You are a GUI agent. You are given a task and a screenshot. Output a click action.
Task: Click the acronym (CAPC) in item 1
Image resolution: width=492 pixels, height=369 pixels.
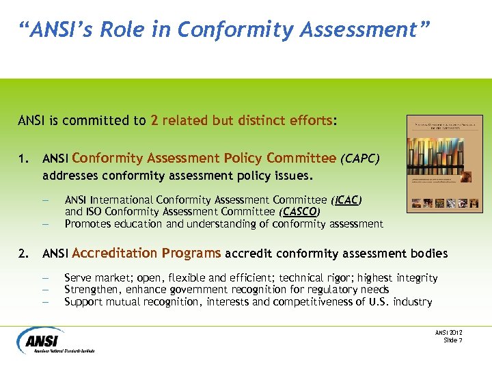[x=359, y=159]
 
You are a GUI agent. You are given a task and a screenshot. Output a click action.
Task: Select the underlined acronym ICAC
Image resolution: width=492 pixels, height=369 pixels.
[x=346, y=200]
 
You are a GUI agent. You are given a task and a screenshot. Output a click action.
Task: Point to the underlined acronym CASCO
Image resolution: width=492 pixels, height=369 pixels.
[x=300, y=211]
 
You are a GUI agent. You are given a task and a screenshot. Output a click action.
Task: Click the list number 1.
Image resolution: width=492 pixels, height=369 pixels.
[x=23, y=159]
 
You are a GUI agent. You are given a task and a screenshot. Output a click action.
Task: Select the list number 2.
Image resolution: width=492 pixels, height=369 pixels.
[x=23, y=254]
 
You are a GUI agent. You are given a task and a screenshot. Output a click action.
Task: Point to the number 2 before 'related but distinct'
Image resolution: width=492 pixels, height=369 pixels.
[x=154, y=121]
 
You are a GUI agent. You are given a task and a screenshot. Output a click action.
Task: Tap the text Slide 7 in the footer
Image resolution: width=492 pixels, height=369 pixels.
[x=452, y=340]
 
